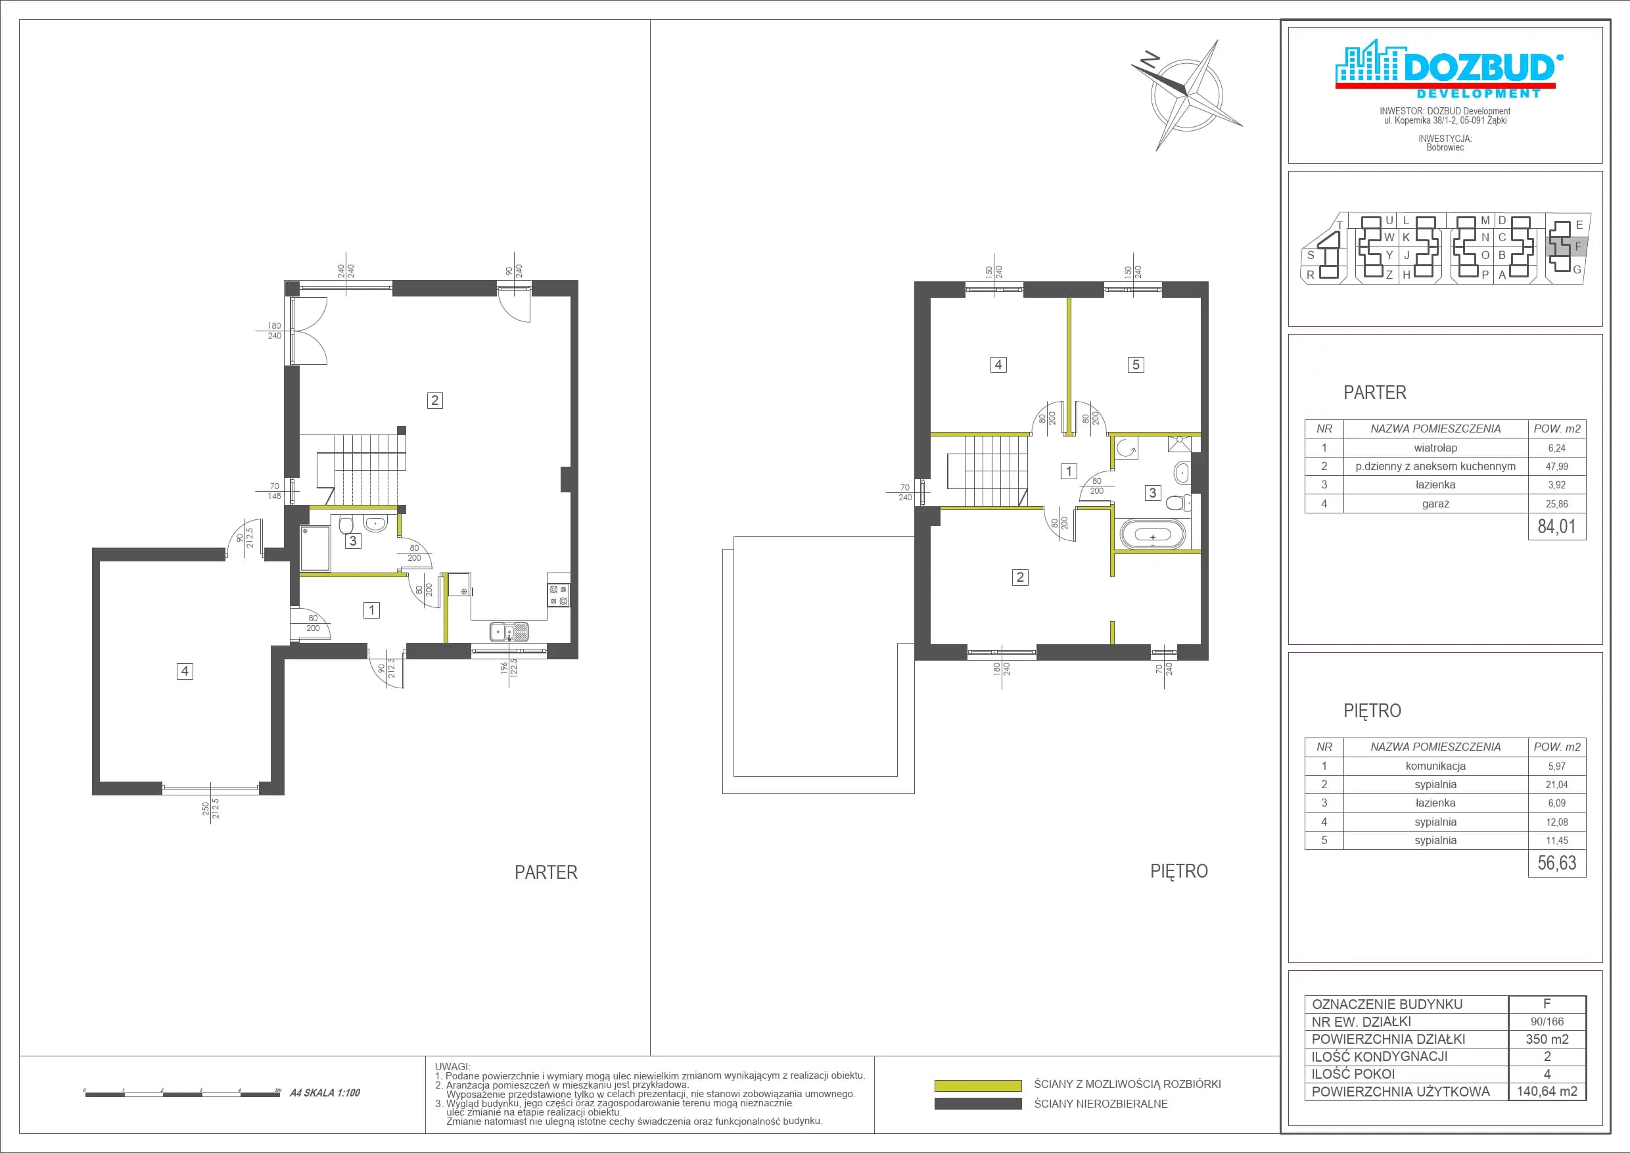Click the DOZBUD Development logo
click(1445, 69)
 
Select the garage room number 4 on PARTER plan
click(185, 671)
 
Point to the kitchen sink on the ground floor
click(509, 632)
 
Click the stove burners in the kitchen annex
click(558, 595)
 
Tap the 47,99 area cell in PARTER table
click(1556, 467)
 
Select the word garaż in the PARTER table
click(1435, 504)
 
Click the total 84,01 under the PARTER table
click(1556, 526)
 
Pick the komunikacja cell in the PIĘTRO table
click(1435, 766)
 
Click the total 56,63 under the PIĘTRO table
click(1556, 862)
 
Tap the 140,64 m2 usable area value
click(1547, 1091)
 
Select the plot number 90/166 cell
click(1547, 1022)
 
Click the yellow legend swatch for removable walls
click(977, 1085)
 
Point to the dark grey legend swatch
click(977, 1104)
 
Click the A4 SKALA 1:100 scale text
click(325, 1093)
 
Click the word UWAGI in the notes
click(452, 1066)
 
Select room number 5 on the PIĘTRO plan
click(1136, 365)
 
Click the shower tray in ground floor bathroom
click(315, 548)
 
